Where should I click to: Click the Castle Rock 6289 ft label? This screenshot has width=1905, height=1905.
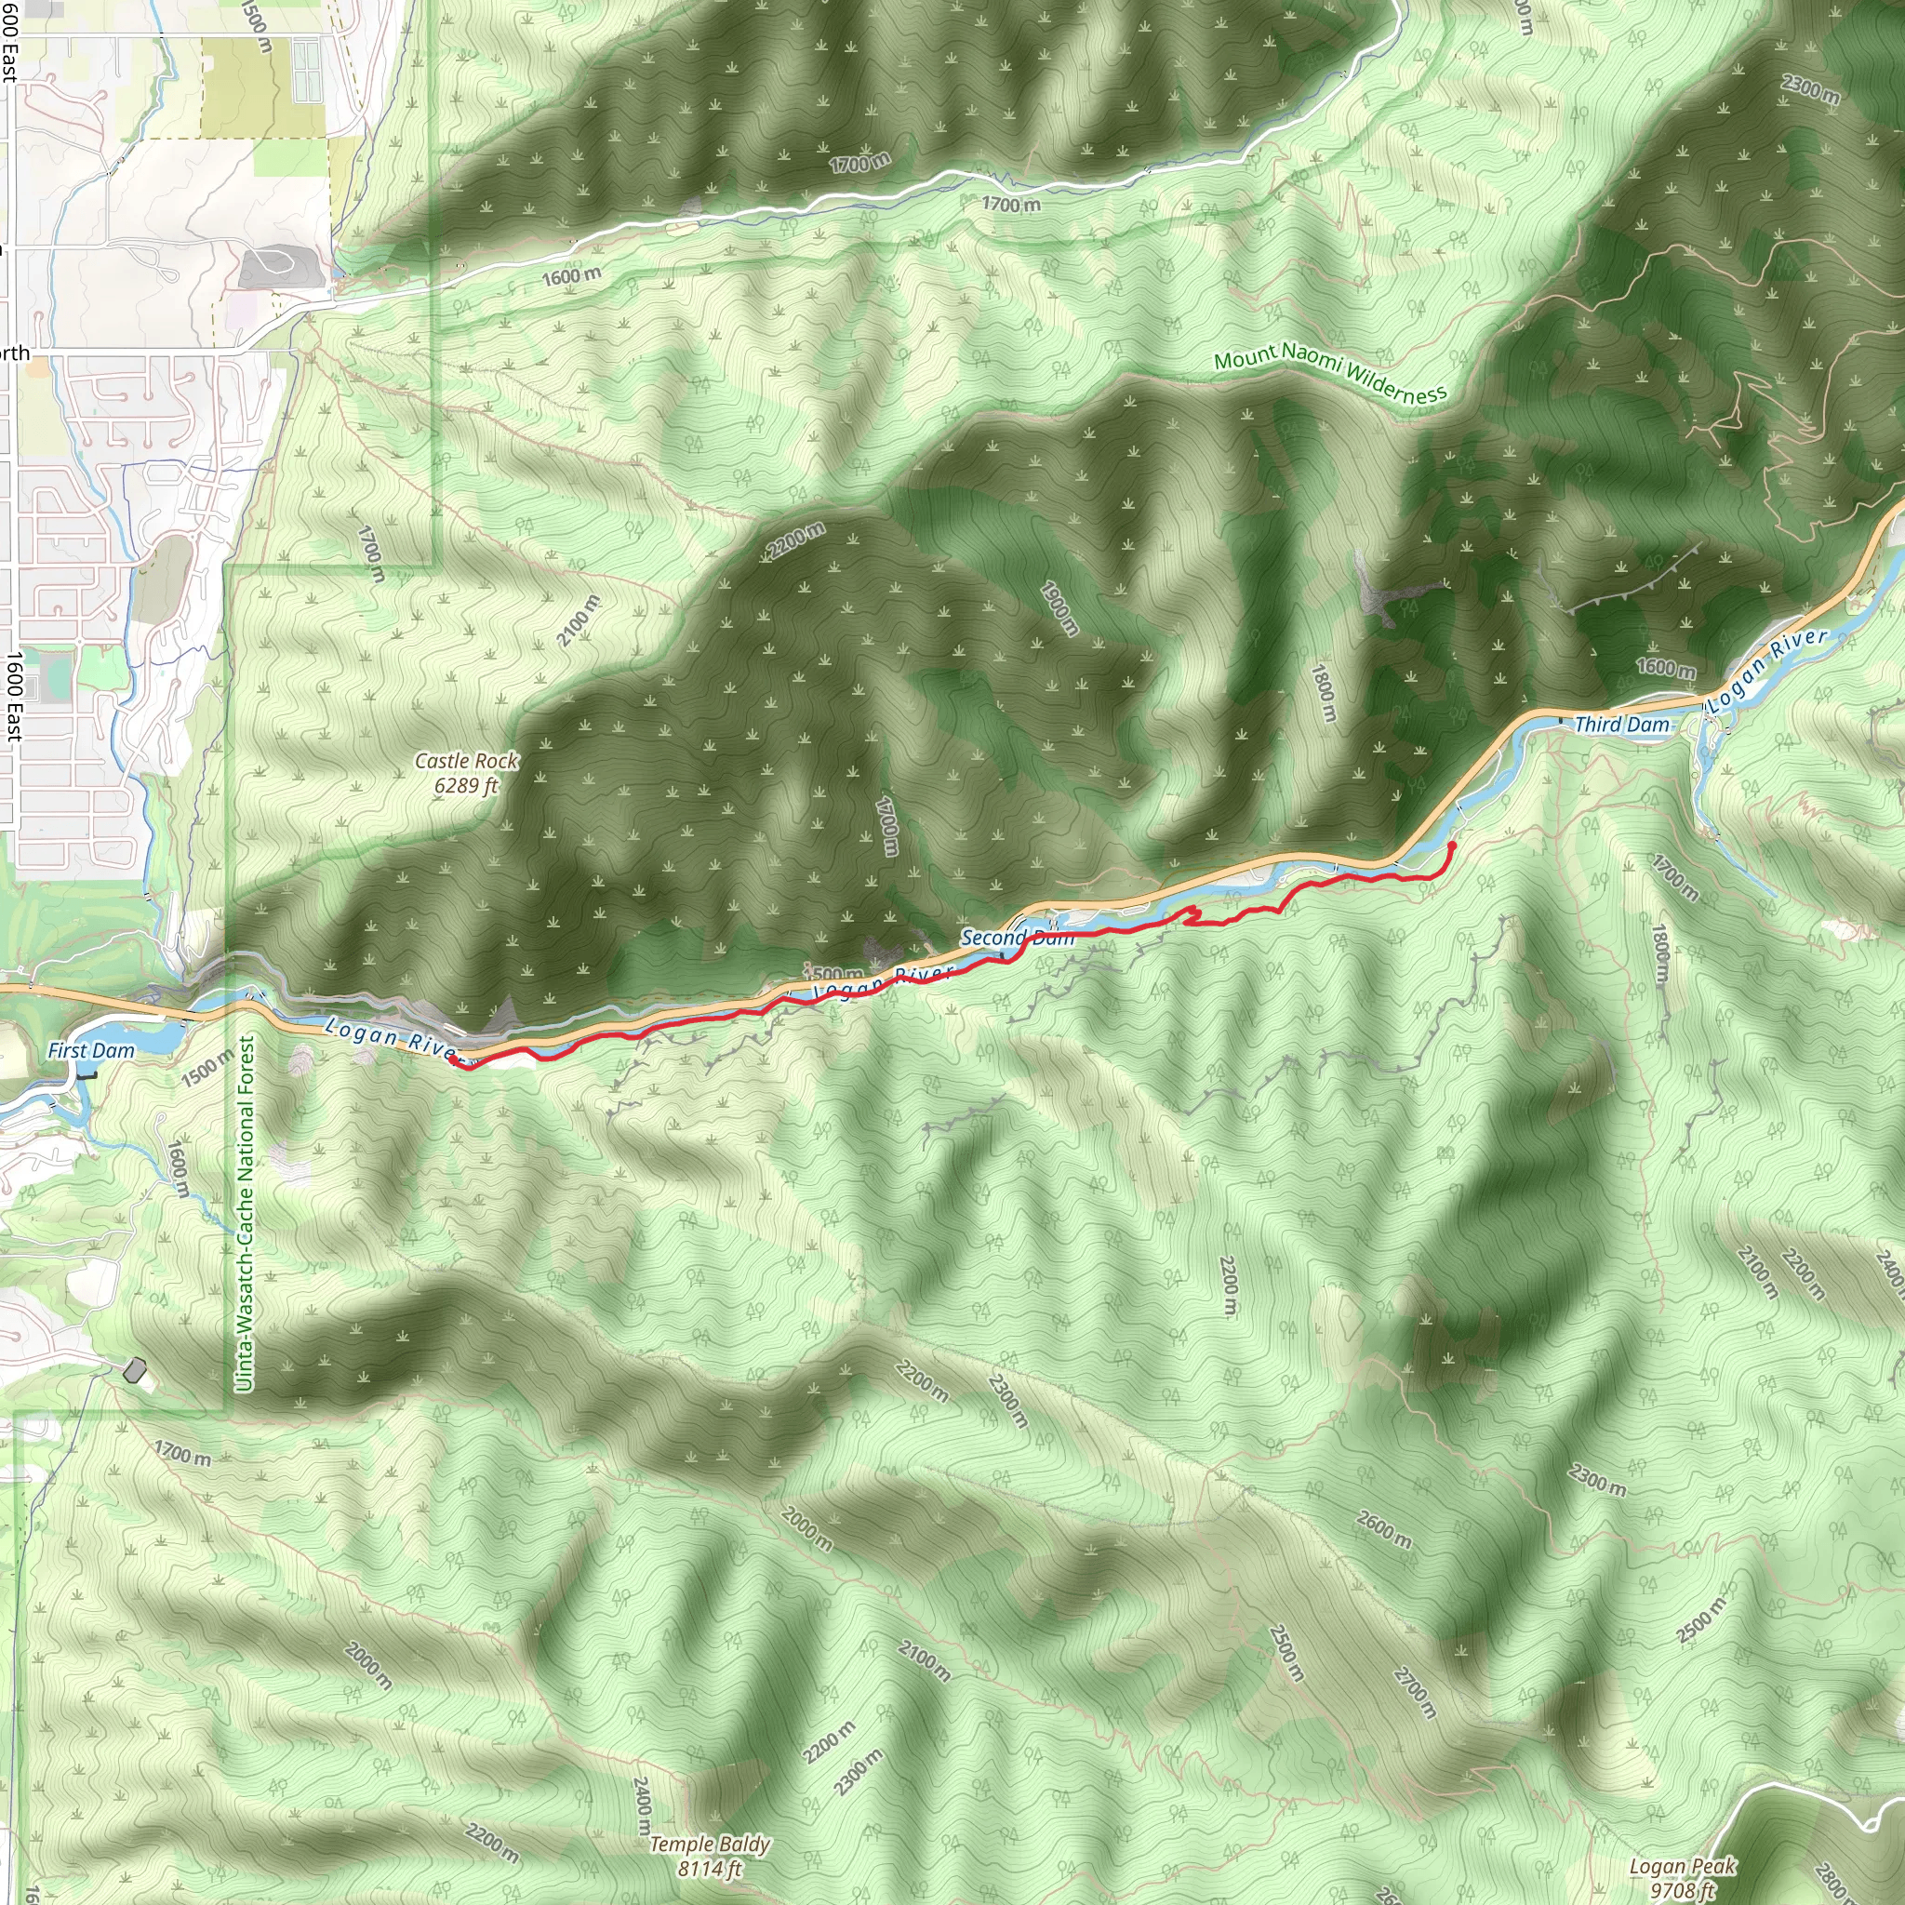(x=466, y=773)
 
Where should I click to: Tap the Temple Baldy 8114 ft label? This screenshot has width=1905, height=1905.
(x=710, y=1856)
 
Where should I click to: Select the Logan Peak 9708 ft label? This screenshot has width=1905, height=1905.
(x=1681, y=1877)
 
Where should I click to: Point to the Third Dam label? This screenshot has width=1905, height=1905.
(x=1622, y=725)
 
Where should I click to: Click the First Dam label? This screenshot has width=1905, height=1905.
(x=91, y=1051)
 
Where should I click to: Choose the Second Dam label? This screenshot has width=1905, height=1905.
(x=1017, y=937)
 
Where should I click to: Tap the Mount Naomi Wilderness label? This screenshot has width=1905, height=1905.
(x=1330, y=373)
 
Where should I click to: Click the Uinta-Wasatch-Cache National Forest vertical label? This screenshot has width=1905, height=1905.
(x=245, y=1214)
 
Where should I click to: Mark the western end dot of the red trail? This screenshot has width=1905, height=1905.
(x=453, y=1060)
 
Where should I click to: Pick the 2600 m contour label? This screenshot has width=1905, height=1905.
(x=1383, y=1527)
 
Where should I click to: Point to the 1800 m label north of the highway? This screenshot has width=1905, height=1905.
(x=1324, y=692)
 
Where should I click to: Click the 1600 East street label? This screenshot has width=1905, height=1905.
(x=14, y=696)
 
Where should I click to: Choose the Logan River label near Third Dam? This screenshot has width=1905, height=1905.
(x=1767, y=671)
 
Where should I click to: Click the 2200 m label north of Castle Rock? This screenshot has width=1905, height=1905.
(x=795, y=540)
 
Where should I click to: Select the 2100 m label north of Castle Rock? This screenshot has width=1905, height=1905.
(x=578, y=621)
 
